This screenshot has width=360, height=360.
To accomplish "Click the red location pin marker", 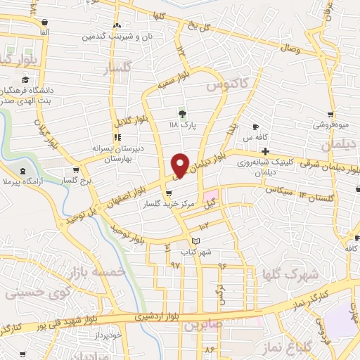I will (181, 166).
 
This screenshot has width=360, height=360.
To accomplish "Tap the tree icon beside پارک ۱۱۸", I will (182, 114).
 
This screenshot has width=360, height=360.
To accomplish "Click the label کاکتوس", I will (227, 86).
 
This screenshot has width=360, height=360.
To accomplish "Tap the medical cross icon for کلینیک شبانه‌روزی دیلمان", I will (265, 152).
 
